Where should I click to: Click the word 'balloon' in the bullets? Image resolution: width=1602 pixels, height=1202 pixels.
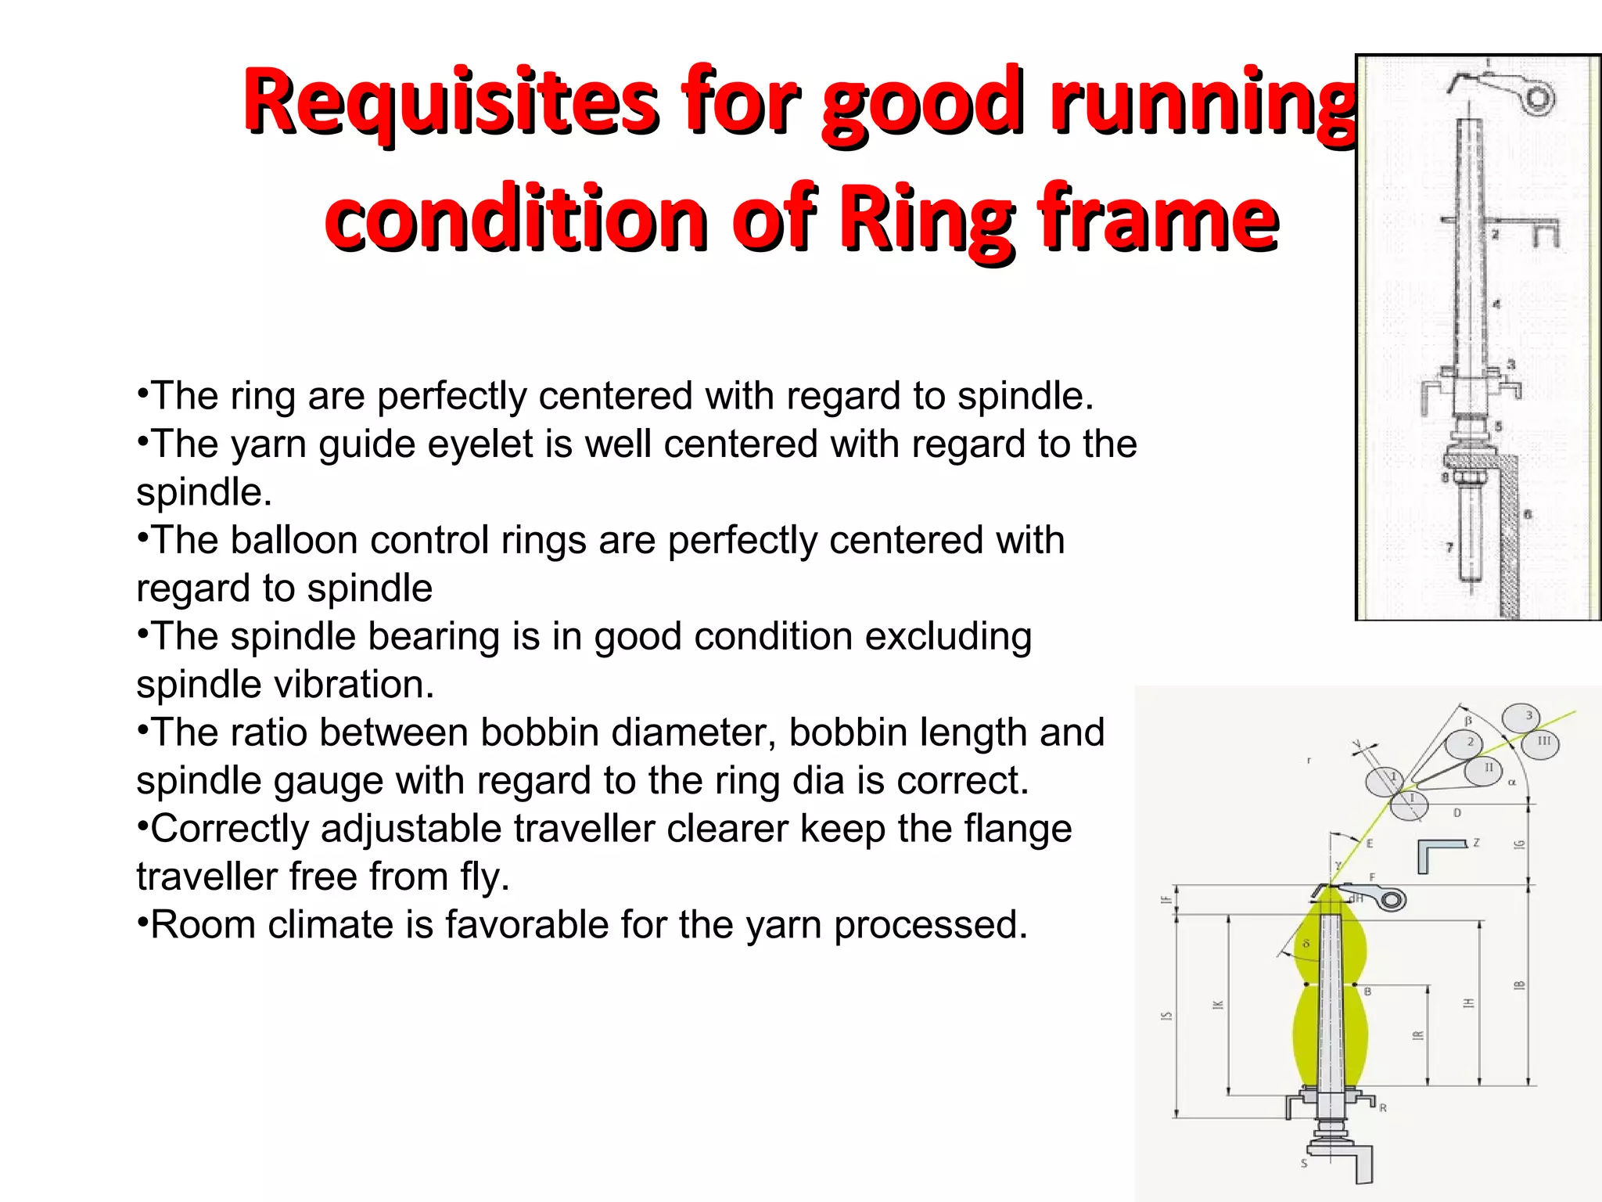pos(293,541)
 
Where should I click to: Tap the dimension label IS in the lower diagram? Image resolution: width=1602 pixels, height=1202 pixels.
pos(1166,1015)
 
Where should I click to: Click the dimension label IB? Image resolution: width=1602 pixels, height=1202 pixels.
pos(1519,985)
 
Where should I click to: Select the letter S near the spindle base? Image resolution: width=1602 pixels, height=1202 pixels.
pos(1304,1163)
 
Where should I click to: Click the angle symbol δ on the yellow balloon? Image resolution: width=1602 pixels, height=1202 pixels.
pos(1306,945)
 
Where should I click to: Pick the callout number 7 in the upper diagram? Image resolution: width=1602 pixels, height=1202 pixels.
pos(1449,547)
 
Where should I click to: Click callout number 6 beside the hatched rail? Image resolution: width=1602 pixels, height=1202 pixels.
pos(1527,514)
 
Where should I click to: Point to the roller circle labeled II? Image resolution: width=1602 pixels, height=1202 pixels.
pos(1483,768)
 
